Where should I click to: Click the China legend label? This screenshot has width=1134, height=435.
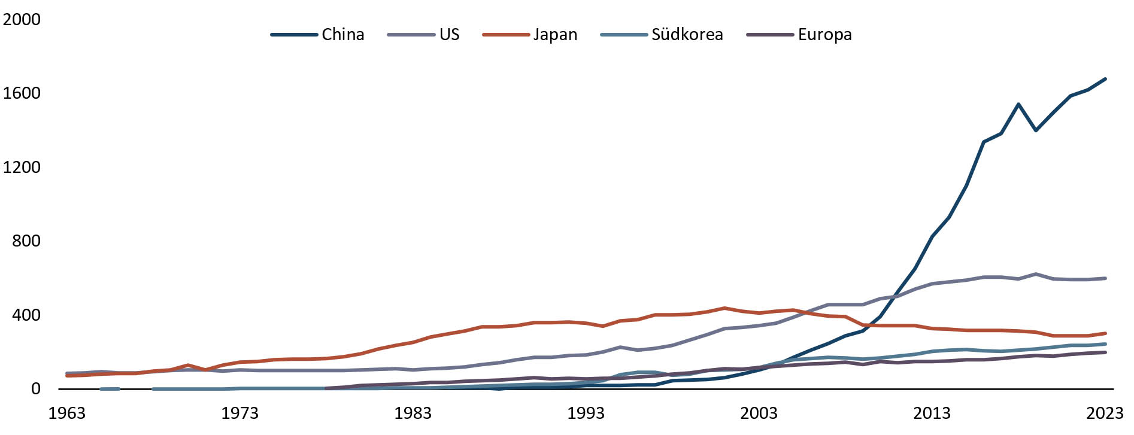tap(342, 35)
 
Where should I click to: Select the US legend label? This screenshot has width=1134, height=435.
tap(449, 35)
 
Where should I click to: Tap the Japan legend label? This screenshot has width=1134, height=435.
tap(555, 35)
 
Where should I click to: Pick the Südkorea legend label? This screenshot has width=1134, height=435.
tap(687, 35)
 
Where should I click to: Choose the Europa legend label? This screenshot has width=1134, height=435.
tap(824, 35)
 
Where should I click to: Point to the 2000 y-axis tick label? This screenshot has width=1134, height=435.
tap(22, 20)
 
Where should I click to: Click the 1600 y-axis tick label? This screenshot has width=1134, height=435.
tap(22, 93)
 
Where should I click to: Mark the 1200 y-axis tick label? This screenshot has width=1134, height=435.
tap(22, 168)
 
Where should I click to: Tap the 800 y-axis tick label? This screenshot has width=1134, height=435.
tap(26, 241)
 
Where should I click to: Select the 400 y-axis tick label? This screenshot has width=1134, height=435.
tap(26, 315)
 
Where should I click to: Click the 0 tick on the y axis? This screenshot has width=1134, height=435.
tap(36, 389)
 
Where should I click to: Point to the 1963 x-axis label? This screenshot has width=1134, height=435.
tap(66, 413)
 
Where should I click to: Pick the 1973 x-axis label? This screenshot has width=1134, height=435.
tap(239, 413)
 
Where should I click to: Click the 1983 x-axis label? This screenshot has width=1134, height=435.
tap(413, 413)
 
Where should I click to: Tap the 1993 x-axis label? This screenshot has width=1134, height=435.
tap(586, 413)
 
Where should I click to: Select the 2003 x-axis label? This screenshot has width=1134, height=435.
tap(759, 413)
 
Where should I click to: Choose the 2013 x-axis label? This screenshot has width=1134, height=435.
tap(932, 413)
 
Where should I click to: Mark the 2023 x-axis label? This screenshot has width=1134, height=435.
tap(1105, 413)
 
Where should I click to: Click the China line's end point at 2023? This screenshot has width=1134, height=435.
tap(1105, 79)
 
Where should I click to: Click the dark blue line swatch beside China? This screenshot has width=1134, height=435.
tap(293, 35)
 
